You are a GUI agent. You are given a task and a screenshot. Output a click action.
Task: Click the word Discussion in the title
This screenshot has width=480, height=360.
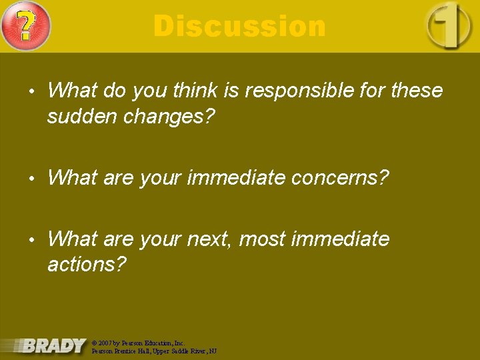(x=239, y=27)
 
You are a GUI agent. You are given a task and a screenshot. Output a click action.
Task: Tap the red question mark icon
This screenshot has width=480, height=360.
(x=25, y=26)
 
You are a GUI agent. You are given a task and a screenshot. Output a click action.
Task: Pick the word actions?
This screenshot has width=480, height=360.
(x=87, y=265)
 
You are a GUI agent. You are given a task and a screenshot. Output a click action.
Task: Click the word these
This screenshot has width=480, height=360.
(x=417, y=91)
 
